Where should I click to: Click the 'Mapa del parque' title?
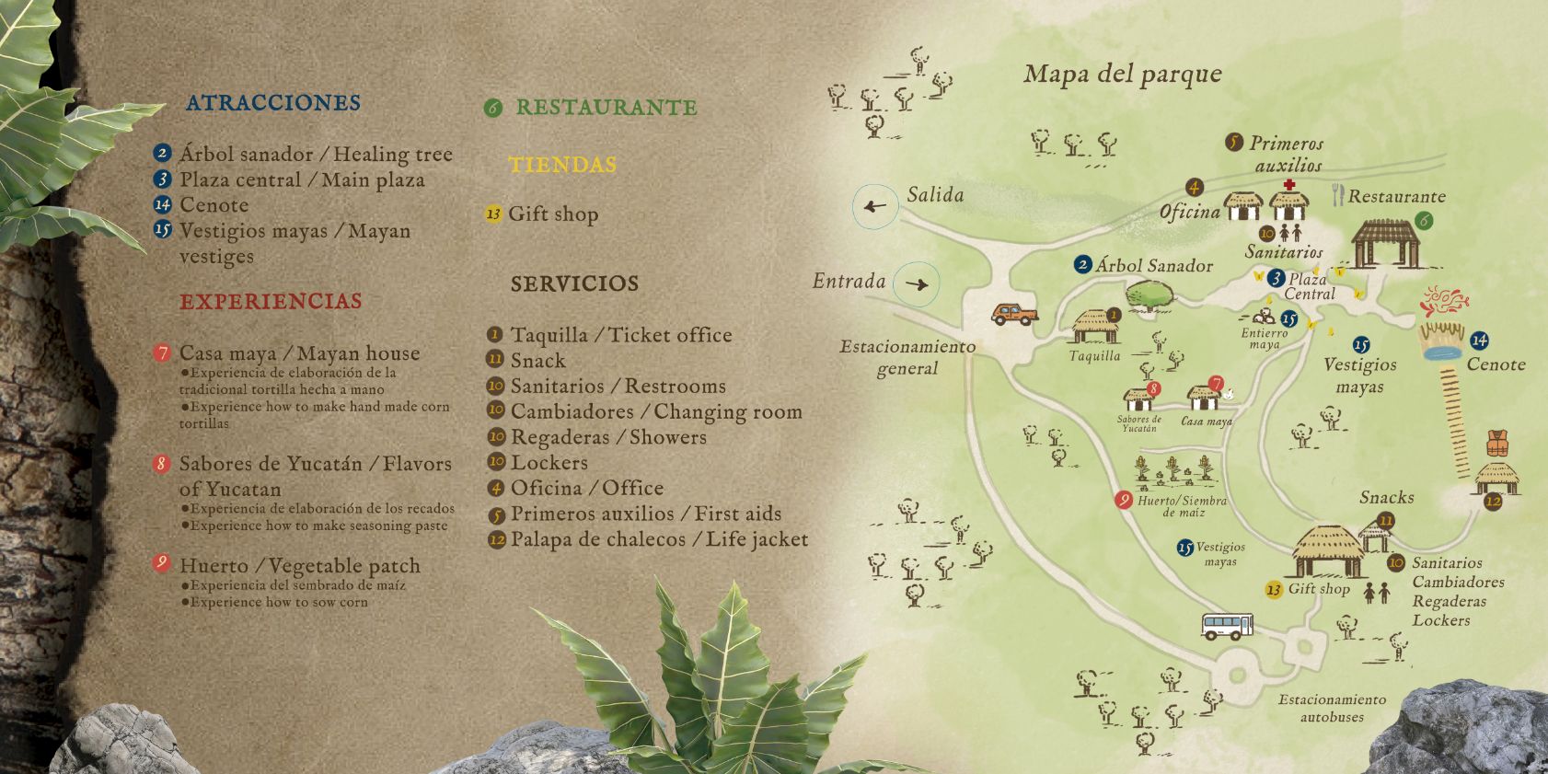1122,75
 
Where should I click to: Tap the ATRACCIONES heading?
273,102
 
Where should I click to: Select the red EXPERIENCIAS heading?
271,301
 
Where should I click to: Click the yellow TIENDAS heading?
562,165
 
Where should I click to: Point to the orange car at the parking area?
1014,314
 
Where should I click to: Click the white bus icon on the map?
1228,626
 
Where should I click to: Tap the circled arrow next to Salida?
875,206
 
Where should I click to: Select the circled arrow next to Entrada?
917,284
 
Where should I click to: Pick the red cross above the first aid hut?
1288,185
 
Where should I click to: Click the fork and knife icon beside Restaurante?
1337,194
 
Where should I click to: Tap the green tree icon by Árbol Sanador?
1149,295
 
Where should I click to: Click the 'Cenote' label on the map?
1496,364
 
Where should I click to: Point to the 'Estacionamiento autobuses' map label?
1332,708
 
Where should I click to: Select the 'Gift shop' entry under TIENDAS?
553,214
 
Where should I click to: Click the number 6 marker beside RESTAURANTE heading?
493,108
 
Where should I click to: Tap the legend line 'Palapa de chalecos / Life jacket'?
659,539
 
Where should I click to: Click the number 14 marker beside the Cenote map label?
1479,341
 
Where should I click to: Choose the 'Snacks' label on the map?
1386,497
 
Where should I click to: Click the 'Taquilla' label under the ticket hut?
1094,356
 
